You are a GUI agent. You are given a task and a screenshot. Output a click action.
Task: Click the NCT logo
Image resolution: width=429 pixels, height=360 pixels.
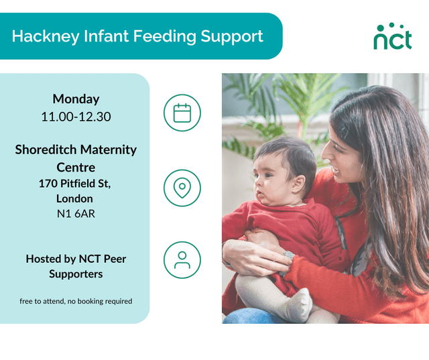point(393,37)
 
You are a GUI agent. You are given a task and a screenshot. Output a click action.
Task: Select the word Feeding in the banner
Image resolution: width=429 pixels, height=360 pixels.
point(164,36)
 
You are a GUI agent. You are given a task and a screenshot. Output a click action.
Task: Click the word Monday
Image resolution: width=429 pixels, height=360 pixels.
point(76,99)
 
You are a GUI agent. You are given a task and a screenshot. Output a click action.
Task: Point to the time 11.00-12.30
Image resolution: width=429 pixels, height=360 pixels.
point(76,116)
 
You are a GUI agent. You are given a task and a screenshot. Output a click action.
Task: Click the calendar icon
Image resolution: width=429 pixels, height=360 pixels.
point(182,112)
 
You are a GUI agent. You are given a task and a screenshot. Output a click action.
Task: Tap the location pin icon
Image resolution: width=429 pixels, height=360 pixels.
point(182,187)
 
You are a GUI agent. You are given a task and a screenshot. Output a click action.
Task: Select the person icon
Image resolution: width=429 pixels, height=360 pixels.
point(182,260)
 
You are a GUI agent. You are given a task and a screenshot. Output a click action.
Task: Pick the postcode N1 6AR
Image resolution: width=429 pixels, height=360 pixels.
point(75,215)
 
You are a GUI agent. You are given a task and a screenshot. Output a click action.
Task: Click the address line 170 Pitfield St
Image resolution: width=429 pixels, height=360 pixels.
point(74,183)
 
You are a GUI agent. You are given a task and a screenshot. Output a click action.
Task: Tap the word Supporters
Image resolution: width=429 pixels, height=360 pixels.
point(76,274)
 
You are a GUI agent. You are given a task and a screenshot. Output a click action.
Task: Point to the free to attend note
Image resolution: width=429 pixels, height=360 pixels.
point(76,301)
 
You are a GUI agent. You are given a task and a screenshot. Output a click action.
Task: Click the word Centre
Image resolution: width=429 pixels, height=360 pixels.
point(76,167)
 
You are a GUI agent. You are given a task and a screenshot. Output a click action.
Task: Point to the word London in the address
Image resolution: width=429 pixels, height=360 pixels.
point(74,198)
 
